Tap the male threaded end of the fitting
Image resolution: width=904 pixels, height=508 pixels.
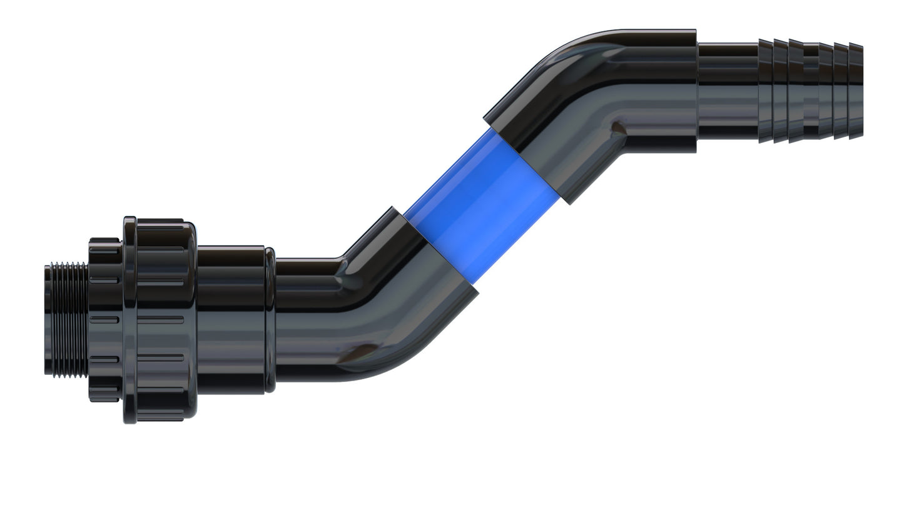tap(66, 319)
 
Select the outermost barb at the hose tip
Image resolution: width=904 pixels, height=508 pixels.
tap(856, 91)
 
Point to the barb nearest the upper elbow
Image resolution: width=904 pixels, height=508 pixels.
tap(766, 91)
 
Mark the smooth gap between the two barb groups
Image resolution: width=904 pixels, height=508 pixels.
tap(811, 91)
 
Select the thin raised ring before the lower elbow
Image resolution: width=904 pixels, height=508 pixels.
tap(270, 320)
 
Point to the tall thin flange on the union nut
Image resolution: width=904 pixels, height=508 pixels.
tap(130, 319)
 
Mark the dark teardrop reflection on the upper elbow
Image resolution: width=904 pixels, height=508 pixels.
tap(617, 128)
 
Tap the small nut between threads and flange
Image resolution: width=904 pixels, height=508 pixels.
tap(104, 319)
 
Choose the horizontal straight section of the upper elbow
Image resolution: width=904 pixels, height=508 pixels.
tap(657, 91)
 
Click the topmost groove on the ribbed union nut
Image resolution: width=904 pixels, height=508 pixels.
tap(160, 248)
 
